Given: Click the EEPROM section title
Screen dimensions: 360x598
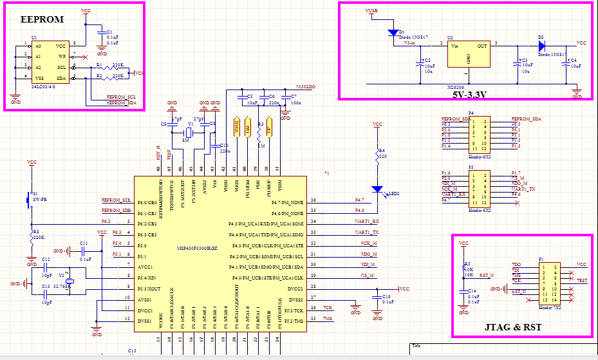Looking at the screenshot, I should [x=42, y=19].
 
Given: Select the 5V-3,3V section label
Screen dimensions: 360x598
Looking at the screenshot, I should [x=469, y=94].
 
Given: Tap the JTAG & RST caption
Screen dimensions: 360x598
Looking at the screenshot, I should [x=512, y=328].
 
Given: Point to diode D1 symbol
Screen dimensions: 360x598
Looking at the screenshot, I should [x=392, y=32].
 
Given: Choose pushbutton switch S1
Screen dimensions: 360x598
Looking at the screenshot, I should [x=29, y=200].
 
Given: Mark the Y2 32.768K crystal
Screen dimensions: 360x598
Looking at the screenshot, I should [x=70, y=281].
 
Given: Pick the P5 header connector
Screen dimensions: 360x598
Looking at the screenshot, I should [x=479, y=188].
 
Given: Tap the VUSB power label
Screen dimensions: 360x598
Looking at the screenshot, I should [x=372, y=11].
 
